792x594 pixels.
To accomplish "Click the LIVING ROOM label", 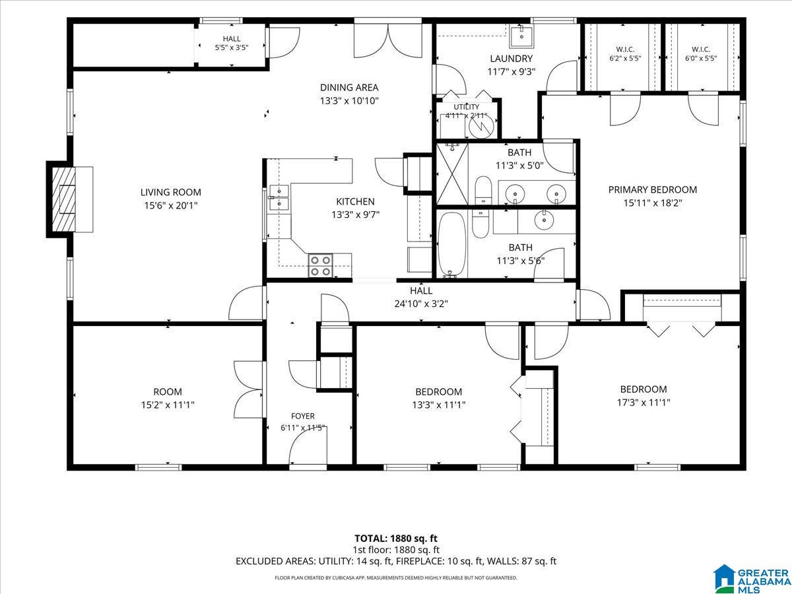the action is click(171, 192).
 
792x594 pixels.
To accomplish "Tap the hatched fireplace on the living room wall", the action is click(64, 199).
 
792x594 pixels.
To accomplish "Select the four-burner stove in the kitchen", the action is click(320, 265).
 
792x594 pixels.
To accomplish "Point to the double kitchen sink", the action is click(279, 197).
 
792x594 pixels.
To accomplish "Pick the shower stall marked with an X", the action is click(452, 174).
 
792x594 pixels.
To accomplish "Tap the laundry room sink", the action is click(521, 36).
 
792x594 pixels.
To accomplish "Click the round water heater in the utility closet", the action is click(480, 126).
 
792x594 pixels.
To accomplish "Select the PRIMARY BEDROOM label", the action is click(652, 189).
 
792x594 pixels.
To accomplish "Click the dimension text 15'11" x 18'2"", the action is click(652, 203).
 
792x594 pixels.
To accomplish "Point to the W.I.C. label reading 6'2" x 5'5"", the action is click(625, 53).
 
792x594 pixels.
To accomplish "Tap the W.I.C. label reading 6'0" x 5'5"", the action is click(701, 53).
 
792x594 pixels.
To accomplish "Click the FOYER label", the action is click(303, 416).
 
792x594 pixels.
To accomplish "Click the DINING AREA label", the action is click(349, 88).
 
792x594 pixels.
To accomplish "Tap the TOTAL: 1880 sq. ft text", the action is click(396, 539).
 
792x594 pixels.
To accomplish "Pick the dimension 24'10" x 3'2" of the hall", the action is click(421, 304).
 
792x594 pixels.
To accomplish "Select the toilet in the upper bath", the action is click(483, 190).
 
